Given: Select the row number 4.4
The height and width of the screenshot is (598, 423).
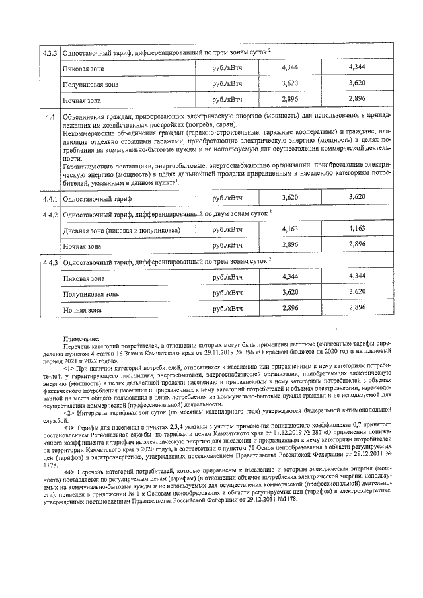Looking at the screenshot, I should click(49, 118).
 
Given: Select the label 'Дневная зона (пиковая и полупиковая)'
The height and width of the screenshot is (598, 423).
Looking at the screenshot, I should click(121, 229).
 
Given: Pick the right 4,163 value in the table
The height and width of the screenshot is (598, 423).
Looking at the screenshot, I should click(356, 229).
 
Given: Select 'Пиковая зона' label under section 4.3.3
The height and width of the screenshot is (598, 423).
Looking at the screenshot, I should click(83, 68).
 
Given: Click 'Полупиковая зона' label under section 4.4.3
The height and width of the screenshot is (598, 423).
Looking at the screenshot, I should click(91, 293).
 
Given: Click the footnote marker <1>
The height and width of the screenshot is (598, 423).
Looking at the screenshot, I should click(69, 368).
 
